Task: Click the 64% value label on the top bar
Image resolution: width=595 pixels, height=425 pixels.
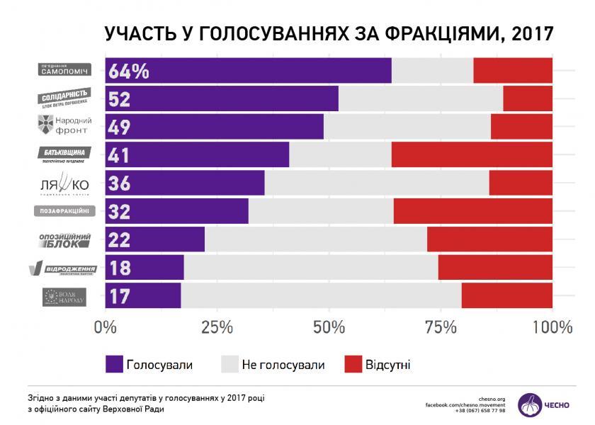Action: click(x=129, y=71)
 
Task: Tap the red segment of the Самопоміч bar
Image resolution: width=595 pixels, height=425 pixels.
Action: click(x=512, y=71)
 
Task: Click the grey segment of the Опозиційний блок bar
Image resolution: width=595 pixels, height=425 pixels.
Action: click(x=315, y=239)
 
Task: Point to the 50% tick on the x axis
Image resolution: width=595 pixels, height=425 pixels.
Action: click(x=329, y=327)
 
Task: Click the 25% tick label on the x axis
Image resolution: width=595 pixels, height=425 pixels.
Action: click(x=217, y=327)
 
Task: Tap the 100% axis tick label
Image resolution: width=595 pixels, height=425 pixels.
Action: click(x=550, y=327)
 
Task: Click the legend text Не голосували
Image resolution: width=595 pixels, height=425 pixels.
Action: click(x=283, y=365)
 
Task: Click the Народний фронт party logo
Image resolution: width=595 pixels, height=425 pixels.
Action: click(x=63, y=125)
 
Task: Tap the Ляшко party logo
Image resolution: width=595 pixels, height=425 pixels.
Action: click(x=63, y=184)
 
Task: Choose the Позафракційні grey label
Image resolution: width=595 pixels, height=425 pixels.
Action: click(x=63, y=211)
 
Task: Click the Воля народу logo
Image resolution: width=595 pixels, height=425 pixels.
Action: click(x=63, y=295)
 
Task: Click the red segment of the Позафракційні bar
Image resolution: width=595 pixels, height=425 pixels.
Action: click(x=472, y=211)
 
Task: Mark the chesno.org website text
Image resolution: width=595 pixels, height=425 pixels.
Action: click(x=492, y=398)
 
